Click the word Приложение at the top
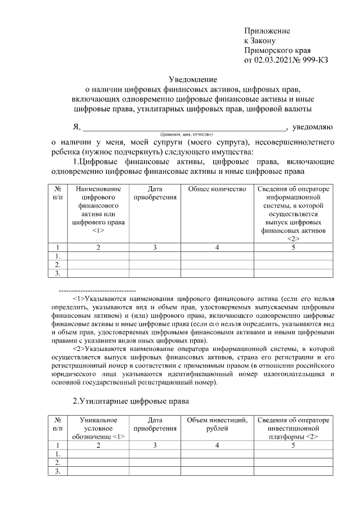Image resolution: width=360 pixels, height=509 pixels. coord(267,30)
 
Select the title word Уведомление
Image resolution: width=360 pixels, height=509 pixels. coord(193,79)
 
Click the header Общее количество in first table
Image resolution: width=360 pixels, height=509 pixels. coord(217,190)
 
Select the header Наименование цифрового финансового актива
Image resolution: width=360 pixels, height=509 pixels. coord(98,210)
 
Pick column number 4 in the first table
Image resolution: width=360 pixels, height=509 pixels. coord(217,247)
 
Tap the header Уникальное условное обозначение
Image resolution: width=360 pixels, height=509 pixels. coord(98,429)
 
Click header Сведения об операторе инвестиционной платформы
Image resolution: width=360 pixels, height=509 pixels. coord(292,429)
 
